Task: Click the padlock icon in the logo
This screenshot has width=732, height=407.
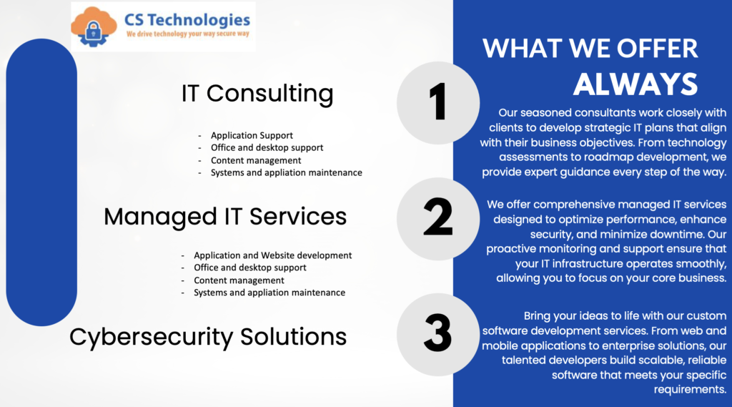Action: pyautogui.click(x=94, y=31)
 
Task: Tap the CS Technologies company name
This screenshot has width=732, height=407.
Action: pyautogui.click(x=187, y=21)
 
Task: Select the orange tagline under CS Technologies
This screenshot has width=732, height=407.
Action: pyautogui.click(x=188, y=34)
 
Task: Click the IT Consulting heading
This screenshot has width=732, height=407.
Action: pyautogui.click(x=257, y=93)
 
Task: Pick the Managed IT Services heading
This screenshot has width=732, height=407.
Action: pyautogui.click(x=225, y=216)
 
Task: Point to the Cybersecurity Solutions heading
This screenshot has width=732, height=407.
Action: pyautogui.click(x=208, y=338)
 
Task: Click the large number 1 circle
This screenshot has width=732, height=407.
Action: pyautogui.click(x=438, y=103)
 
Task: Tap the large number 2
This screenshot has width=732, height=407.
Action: pyautogui.click(x=438, y=217)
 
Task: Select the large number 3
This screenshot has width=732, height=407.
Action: pyautogui.click(x=438, y=333)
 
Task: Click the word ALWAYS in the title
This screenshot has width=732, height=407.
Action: pyautogui.click(x=635, y=84)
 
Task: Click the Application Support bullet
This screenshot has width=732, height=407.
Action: pyautogui.click(x=252, y=135)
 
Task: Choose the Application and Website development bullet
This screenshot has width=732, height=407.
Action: pyautogui.click(x=272, y=255)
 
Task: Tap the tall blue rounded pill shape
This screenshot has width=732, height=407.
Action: pyautogui.click(x=41, y=182)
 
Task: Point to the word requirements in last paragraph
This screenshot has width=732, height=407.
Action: pyautogui.click(x=690, y=390)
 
